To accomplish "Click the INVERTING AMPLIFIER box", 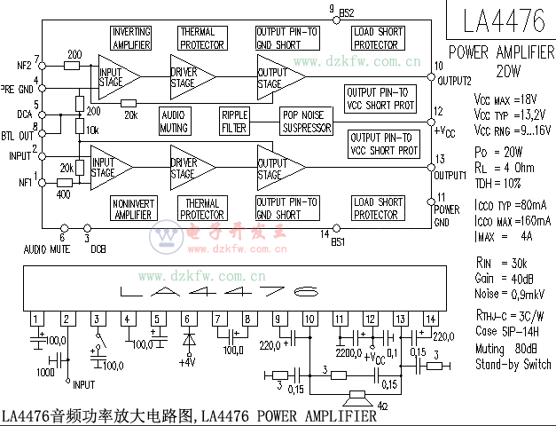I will [x=130, y=37].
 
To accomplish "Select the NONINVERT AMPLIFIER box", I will [x=134, y=209].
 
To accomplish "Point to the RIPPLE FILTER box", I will [x=236, y=122].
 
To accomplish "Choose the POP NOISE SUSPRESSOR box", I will [x=305, y=122].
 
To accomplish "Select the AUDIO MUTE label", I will [x=47, y=249].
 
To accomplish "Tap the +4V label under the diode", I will [x=186, y=361].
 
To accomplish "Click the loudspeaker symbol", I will [x=359, y=394].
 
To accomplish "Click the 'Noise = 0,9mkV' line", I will [x=510, y=294].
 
